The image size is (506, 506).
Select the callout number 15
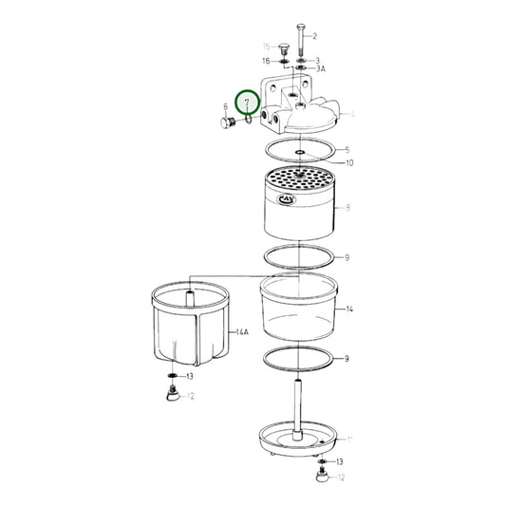[x=267, y=46]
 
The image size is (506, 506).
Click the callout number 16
[x=267, y=60]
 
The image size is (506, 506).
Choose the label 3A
[x=321, y=69]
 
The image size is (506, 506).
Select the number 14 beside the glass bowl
[x=350, y=309]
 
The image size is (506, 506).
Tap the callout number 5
[x=347, y=150]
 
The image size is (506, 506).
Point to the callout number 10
[x=349, y=163]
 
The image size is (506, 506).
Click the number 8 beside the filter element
[x=348, y=206]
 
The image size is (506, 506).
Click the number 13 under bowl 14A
[x=190, y=377]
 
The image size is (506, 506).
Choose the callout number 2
[x=313, y=36]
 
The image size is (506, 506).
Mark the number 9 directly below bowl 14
[x=347, y=359]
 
